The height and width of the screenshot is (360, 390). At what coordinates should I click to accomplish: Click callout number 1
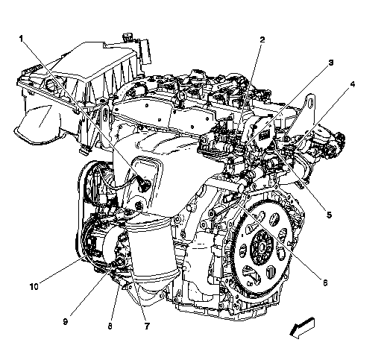pos(22,39)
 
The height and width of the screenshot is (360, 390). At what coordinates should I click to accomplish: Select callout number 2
pos(262,40)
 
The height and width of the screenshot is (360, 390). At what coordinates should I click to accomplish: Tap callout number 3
pos(330,63)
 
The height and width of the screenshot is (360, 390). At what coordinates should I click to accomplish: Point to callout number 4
pos(353,84)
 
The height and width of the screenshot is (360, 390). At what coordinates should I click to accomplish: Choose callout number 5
pos(329,215)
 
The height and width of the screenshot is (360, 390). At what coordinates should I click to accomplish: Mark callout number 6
pos(325,282)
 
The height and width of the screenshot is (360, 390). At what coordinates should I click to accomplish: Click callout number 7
pos(147,326)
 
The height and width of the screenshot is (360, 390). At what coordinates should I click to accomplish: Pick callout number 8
pos(110,326)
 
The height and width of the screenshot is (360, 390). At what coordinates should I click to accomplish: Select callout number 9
pos(65,321)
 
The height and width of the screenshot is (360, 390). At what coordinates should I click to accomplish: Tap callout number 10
pos(34,286)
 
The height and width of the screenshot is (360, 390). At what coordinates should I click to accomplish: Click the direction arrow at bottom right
pos(302,328)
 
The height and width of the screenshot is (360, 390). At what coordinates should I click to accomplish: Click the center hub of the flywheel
pos(262,247)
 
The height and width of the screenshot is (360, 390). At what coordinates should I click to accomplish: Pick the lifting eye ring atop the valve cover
pos(181,95)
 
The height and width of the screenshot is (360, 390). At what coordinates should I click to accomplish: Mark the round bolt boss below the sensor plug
pos(138,206)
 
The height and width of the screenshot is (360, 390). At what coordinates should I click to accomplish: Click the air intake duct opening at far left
pos(40,124)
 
